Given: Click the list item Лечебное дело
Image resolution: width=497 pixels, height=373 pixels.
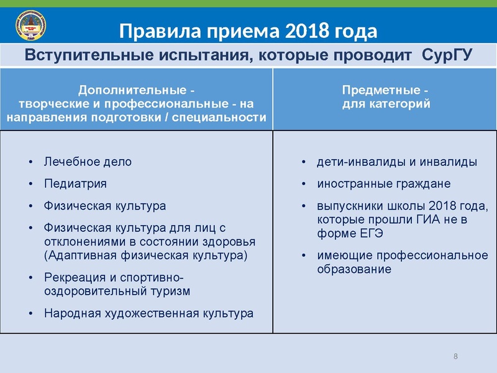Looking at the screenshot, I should point(88,162).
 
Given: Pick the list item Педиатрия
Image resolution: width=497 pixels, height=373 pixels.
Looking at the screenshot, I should point(75,183).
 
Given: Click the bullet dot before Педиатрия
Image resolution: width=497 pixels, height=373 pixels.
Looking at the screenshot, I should point(30,184).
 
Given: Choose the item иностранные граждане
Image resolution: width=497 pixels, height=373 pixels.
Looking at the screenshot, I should point(383,184).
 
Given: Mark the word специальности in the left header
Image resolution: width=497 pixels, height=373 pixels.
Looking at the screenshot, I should point(221,116).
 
